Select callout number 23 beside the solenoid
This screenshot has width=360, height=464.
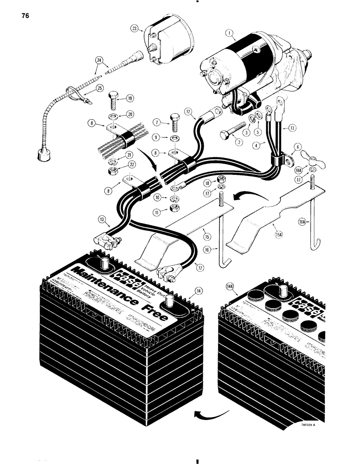tap(135, 29)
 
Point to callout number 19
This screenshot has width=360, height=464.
tap(129, 98)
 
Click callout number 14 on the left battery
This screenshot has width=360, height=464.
tap(199, 290)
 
